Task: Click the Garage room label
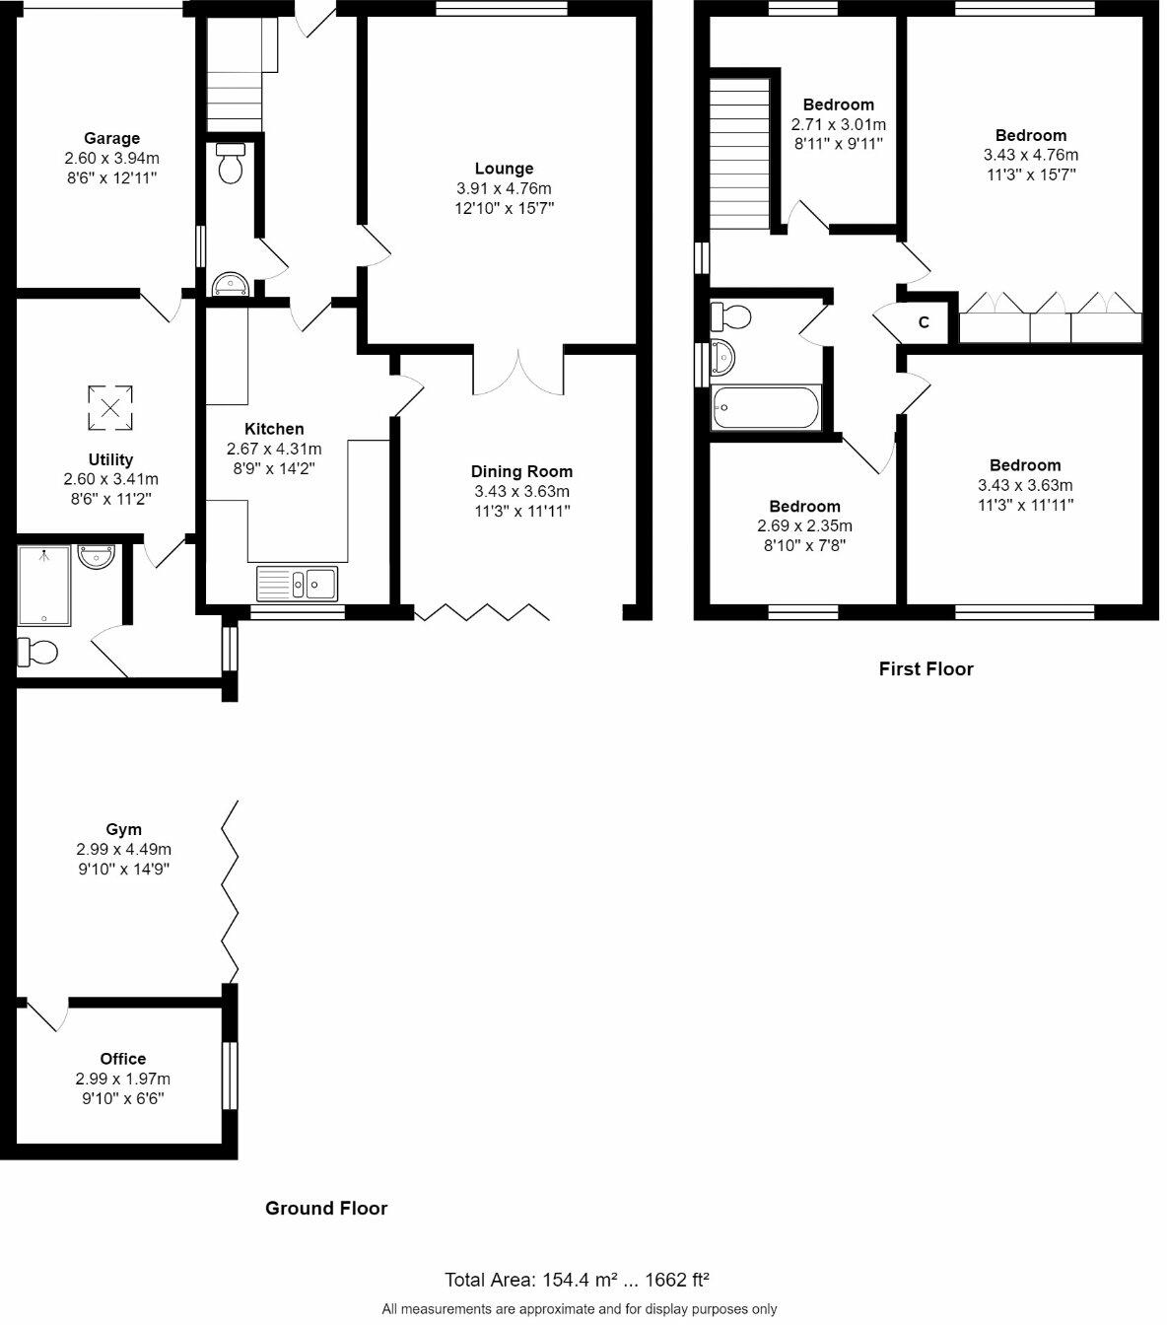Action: tap(111, 138)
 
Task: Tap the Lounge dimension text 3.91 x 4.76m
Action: tap(504, 188)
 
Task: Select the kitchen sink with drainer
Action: tap(297, 584)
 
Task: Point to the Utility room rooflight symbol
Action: tap(110, 408)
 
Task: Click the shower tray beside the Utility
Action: tap(43, 586)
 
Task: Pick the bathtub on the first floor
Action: tap(766, 408)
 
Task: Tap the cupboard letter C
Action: tap(924, 321)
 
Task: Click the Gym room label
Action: tap(123, 829)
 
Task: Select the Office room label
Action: tap(123, 1059)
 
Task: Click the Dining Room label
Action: tap(521, 471)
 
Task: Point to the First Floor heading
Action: tap(926, 669)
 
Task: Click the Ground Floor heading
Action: tap(326, 1209)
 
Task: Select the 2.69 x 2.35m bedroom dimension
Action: tap(805, 525)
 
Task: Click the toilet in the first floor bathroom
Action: tap(730, 317)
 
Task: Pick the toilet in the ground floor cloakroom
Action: tap(230, 163)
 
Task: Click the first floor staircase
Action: tap(739, 154)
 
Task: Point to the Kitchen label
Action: tap(274, 429)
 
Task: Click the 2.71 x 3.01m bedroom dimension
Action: tap(838, 124)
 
